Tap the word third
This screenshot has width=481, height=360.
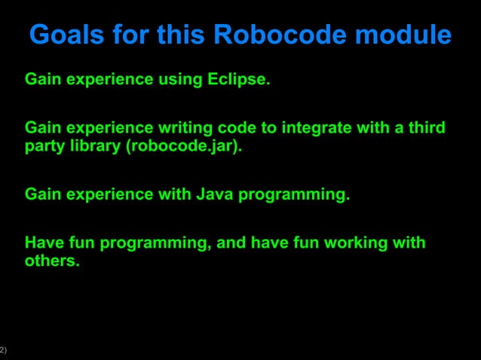[x=425, y=128]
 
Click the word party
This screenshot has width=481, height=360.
[x=45, y=146]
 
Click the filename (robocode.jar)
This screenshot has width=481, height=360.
[x=185, y=146]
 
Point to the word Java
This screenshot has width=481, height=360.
[x=216, y=194]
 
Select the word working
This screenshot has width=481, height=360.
[x=355, y=243]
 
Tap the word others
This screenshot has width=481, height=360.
[x=52, y=261]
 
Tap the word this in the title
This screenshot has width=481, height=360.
[x=179, y=35]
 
